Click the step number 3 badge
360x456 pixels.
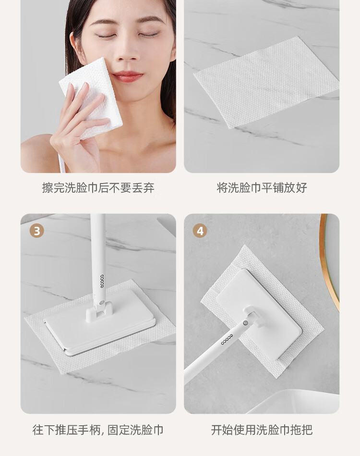tap(37, 231)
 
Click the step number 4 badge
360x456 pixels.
tap(200, 231)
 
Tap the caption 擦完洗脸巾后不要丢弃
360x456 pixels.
tap(98, 188)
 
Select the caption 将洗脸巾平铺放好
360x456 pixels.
tap(262, 188)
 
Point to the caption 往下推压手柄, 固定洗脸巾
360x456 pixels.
tap(98, 430)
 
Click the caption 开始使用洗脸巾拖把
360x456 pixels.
tap(262, 430)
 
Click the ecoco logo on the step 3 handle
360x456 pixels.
tap(102, 281)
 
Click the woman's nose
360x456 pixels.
tap(126, 52)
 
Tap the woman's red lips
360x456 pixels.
tap(128, 76)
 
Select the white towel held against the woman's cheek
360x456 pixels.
tap(91, 96)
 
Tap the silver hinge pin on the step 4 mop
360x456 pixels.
tap(246, 322)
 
